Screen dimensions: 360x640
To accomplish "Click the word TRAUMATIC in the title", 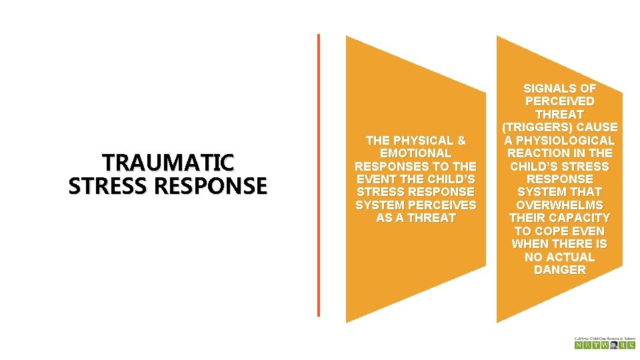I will point(167,163).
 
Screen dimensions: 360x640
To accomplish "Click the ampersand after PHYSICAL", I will point(461,141).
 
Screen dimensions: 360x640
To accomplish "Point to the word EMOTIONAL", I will point(415,153).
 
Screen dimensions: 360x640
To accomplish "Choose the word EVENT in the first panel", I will point(379,179).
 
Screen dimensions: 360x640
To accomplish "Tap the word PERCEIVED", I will point(560,101).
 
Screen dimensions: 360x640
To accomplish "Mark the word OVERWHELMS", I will point(560,205).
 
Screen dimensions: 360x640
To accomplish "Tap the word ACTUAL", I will point(568,257).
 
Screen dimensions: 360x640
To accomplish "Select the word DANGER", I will point(560,270).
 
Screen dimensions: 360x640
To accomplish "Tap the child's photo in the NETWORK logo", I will point(613,345).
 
